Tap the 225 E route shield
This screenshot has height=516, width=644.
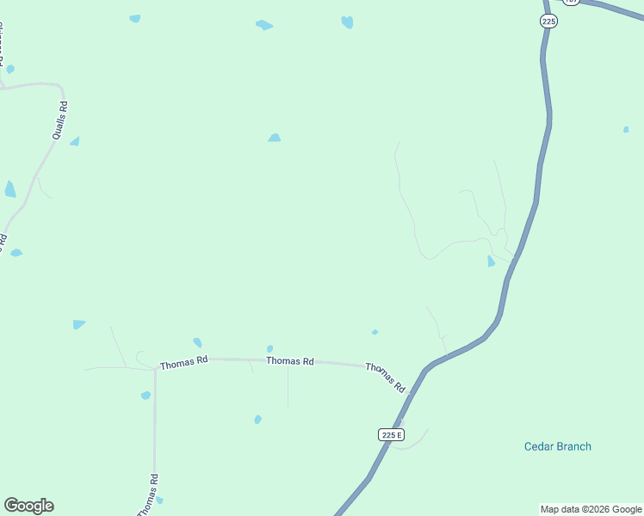tap(391, 434)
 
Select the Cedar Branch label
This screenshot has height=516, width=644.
tap(558, 446)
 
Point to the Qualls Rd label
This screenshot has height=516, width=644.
tap(59, 120)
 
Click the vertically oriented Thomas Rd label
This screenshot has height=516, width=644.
tap(148, 494)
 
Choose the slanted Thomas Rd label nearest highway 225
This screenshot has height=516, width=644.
tap(385, 378)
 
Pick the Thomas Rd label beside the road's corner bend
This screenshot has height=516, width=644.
tap(184, 364)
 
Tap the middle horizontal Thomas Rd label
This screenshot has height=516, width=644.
tap(289, 361)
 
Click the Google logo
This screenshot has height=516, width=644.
tap(28, 506)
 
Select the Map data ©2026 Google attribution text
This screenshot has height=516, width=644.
tap(591, 509)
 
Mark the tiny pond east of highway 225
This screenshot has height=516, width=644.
tap(626, 130)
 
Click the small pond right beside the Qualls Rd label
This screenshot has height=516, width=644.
tap(75, 141)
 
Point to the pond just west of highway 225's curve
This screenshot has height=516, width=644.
tap(491, 261)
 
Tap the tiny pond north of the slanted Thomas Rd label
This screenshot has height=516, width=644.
tap(375, 332)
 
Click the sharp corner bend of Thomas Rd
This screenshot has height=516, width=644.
tap(155, 370)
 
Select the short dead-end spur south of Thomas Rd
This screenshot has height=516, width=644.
tap(288, 391)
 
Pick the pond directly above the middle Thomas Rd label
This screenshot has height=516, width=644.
tap(269, 348)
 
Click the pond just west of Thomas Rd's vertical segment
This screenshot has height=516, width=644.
tap(146, 396)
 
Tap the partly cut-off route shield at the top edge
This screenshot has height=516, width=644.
tap(572, 2)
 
